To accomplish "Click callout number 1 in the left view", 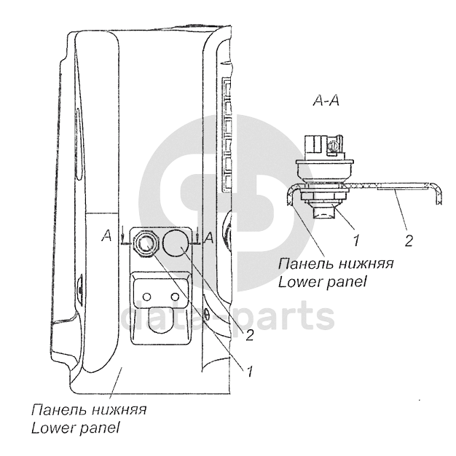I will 249,372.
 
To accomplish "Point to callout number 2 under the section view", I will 409,240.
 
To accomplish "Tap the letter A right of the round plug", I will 209,237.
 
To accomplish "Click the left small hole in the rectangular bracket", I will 148,296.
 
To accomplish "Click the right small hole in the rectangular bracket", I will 174,296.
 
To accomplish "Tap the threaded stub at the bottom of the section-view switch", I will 323,213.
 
